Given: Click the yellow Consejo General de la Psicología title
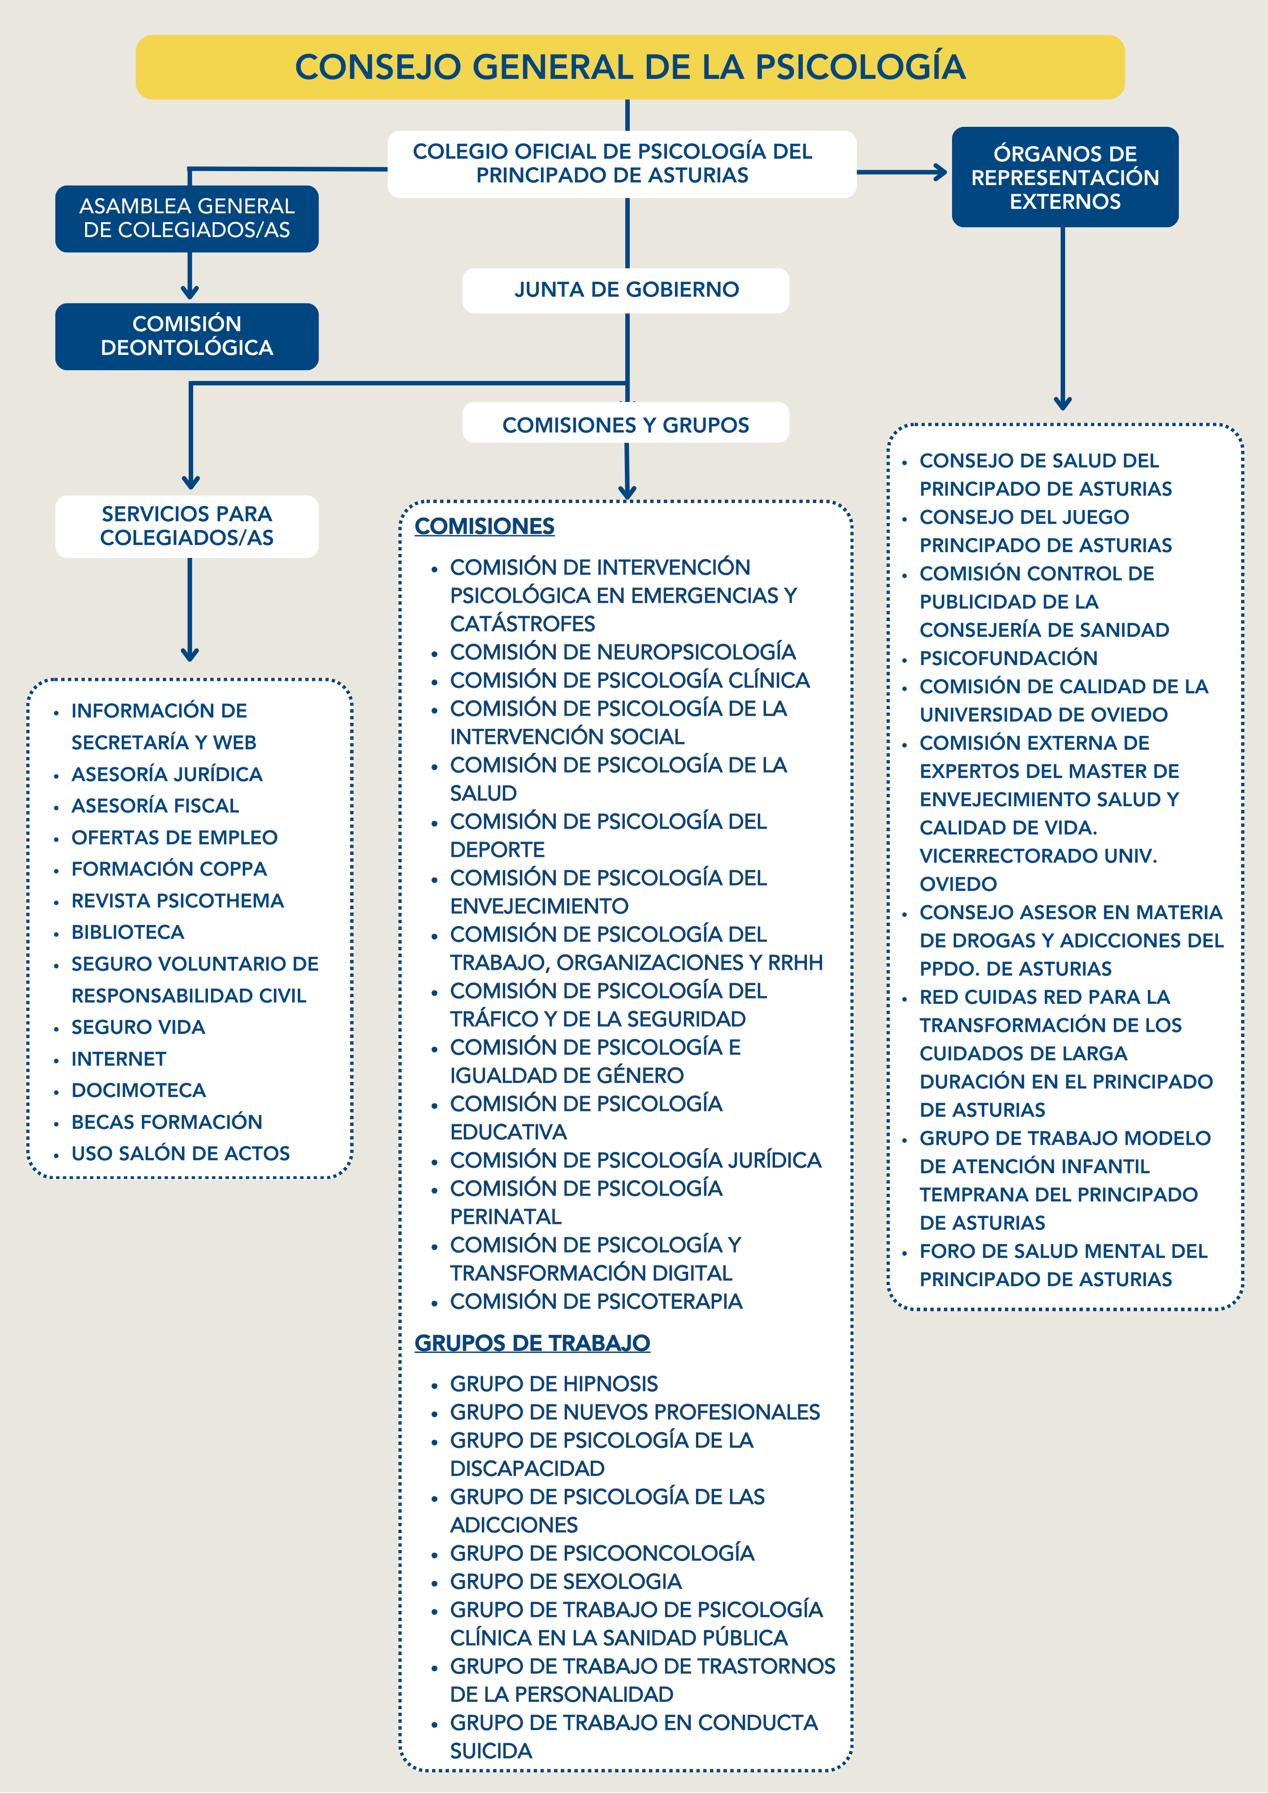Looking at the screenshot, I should tap(630, 67).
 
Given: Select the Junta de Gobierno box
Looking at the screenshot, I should tap(626, 290).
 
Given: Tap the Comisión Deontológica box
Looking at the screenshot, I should tap(187, 336).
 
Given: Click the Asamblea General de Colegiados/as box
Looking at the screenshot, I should tap(187, 218).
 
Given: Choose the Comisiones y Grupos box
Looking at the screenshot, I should tap(626, 425).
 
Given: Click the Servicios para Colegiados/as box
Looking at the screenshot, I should tap(187, 525).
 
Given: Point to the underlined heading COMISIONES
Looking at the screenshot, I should tap(484, 526).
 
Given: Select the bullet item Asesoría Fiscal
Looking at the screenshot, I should tap(155, 805).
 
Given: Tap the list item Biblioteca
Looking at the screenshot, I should tap(127, 931).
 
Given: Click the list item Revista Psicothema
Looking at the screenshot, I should tap(178, 901).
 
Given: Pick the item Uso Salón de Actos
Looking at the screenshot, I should tap(181, 1153).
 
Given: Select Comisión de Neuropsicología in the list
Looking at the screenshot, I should tap(623, 652).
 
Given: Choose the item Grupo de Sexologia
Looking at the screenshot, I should tap(566, 1581).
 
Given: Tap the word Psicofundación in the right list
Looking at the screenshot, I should tap(1008, 658).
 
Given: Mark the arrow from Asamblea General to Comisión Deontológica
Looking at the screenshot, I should tap(190, 277).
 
